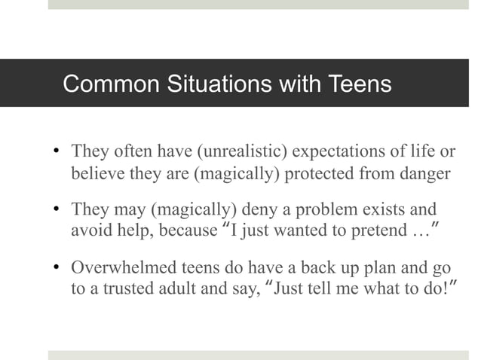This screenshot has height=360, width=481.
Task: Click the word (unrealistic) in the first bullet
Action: tap(241, 152)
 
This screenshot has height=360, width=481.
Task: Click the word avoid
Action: tap(88, 230)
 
